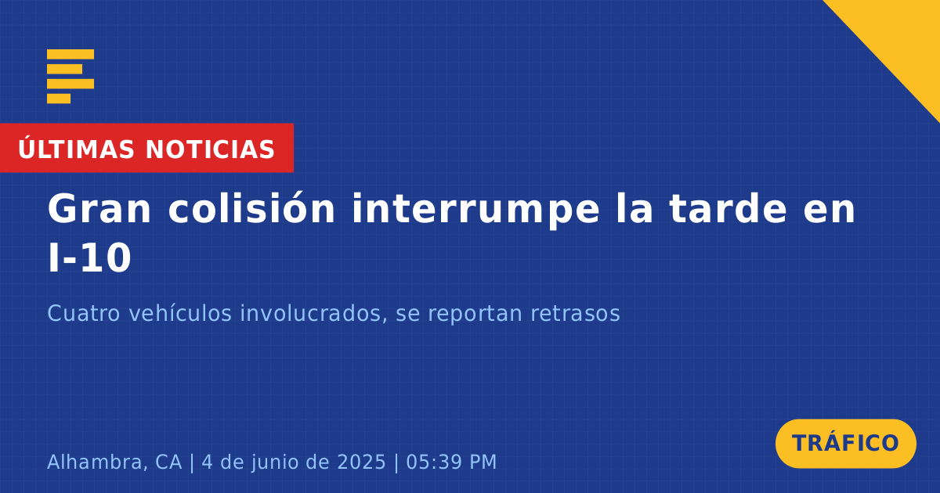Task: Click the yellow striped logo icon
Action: pyautogui.click(x=70, y=77)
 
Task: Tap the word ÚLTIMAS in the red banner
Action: pyautogui.click(x=76, y=149)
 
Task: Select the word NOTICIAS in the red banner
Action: pyautogui.click(x=210, y=149)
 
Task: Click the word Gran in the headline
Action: pyautogui.click(x=99, y=209)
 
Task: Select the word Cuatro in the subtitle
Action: pyautogui.click(x=84, y=313)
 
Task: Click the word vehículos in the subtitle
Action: pyautogui.click(x=180, y=313)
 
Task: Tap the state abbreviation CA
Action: pyautogui.click(x=168, y=462)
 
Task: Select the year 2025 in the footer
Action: pyautogui.click(x=361, y=462)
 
